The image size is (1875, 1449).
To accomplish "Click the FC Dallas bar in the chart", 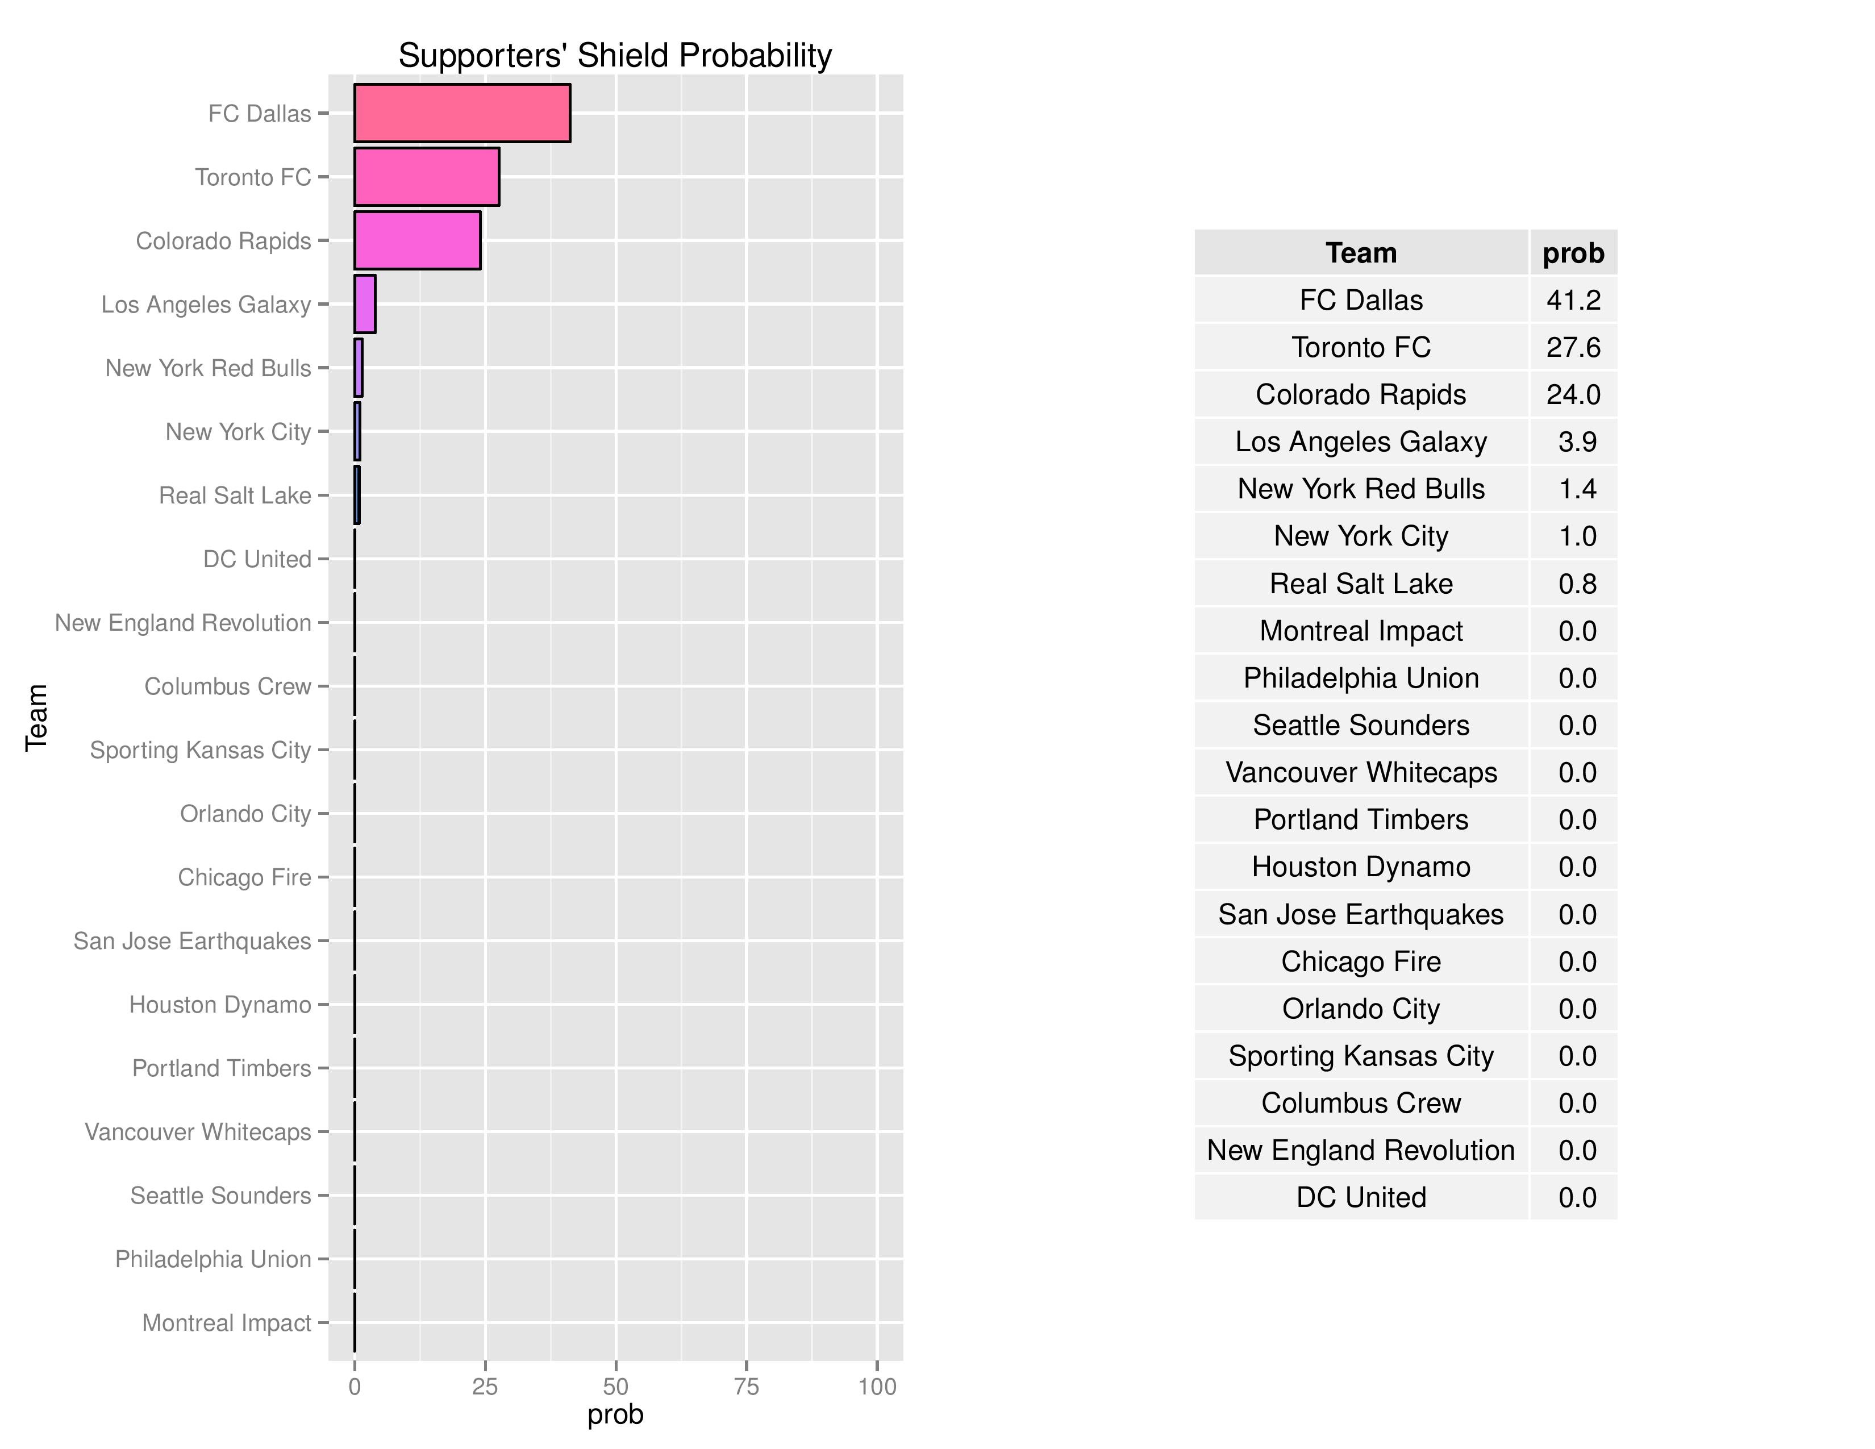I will (x=462, y=113).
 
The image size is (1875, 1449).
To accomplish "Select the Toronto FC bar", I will (x=427, y=177).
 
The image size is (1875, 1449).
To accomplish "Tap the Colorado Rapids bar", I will (x=417, y=240).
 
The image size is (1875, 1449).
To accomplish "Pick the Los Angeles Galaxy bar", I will (x=365, y=304).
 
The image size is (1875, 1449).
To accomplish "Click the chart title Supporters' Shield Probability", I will (x=615, y=56).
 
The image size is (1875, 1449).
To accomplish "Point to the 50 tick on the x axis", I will (x=615, y=1386).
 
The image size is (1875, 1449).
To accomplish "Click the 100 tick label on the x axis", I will (x=877, y=1386).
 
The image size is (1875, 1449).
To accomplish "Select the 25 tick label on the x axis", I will (x=485, y=1386).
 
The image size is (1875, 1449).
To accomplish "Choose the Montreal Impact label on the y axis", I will (x=227, y=1323).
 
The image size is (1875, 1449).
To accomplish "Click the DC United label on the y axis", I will (x=257, y=559).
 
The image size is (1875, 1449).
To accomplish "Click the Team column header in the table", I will (x=1361, y=253).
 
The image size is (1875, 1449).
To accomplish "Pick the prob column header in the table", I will (x=1573, y=253).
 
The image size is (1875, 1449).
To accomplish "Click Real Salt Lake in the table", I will (x=1361, y=584).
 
